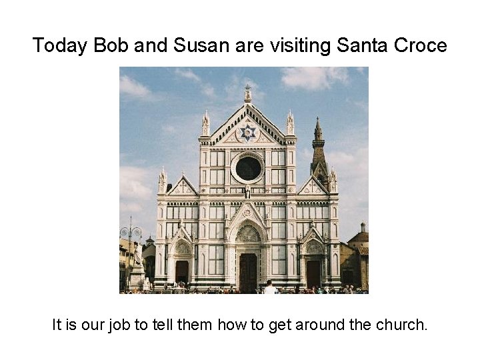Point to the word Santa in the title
point(361,45)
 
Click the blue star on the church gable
point(248,132)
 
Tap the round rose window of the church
point(248,168)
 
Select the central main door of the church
point(248,271)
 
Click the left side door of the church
point(181,272)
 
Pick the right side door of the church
point(313,272)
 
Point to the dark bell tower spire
point(319,143)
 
